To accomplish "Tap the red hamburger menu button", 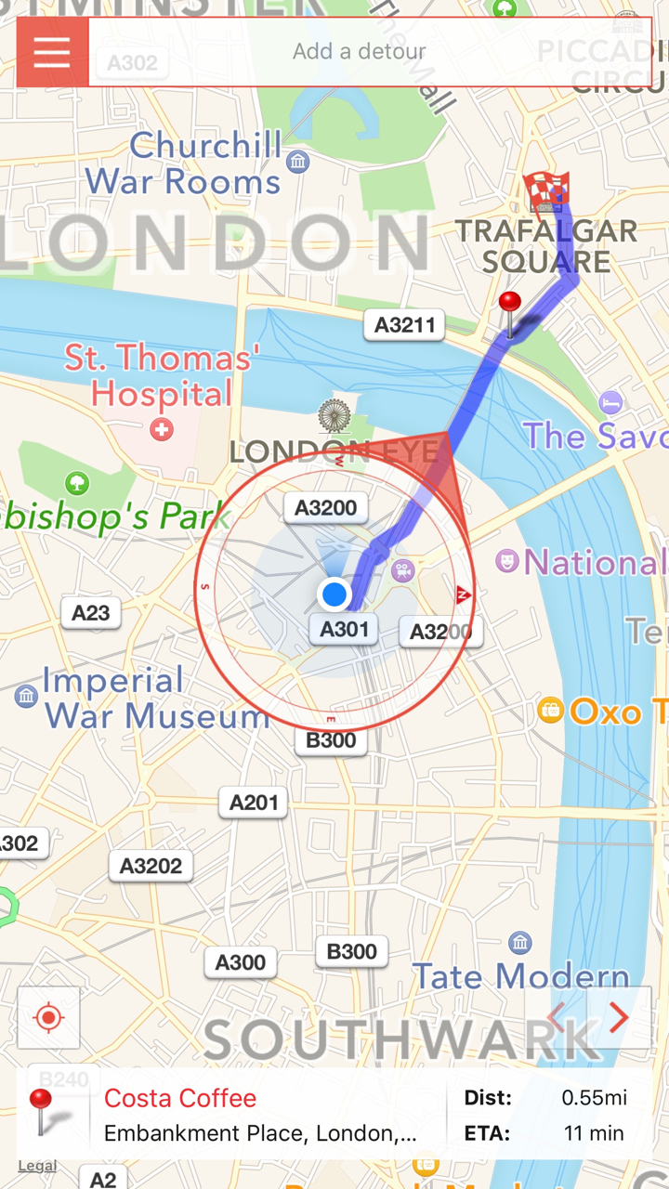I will pos(52,52).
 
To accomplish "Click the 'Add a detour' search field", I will pos(359,52).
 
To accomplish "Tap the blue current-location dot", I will pos(334,594).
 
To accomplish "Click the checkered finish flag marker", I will pos(545,190).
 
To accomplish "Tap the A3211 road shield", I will pos(404,325).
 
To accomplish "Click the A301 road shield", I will pos(344,630).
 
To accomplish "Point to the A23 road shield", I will pos(91,612).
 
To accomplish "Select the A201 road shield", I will pos(254,803).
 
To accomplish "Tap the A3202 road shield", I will pos(151,867).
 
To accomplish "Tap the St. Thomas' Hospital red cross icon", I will pos(162,429).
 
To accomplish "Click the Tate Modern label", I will pos(520,975).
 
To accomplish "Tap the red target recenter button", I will pos(48,1018).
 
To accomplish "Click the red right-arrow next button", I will pos(619,1018).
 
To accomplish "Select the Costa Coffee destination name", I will pos(180,1098).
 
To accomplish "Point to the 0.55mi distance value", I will pos(594,1098).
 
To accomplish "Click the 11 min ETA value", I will pos(594,1133).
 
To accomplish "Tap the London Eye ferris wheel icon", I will pos(334,416).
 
